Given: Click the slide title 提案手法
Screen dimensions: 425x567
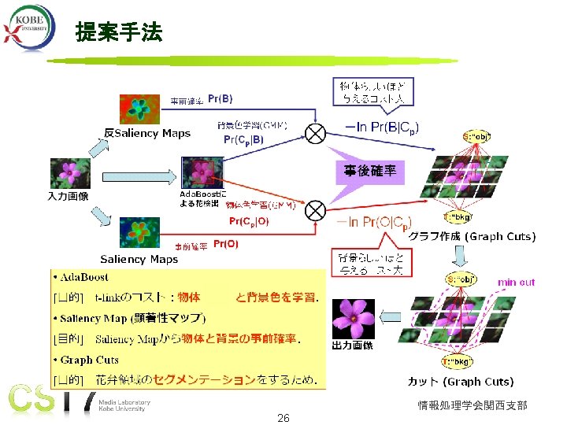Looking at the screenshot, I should pyautogui.click(x=118, y=33).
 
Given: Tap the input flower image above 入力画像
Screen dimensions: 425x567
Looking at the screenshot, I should pyautogui.click(x=66, y=173).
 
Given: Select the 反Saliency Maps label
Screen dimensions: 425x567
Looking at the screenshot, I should pyautogui.click(x=147, y=133).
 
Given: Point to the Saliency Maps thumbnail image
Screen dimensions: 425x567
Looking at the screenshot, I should pyautogui.click(x=139, y=234).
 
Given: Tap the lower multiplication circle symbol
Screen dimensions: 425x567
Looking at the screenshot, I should pyautogui.click(x=316, y=209).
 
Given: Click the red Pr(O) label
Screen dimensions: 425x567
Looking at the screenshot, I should pyautogui.click(x=225, y=244).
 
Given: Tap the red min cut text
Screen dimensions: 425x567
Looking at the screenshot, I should pyautogui.click(x=516, y=282).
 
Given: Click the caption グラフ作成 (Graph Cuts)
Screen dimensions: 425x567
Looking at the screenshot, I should pyautogui.click(x=472, y=236).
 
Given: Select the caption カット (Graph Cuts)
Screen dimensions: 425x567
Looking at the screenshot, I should pyautogui.click(x=461, y=382).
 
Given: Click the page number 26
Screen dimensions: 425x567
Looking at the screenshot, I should pyautogui.click(x=283, y=418).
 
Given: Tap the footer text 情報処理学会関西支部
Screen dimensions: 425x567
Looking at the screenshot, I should pyautogui.click(x=472, y=405).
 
